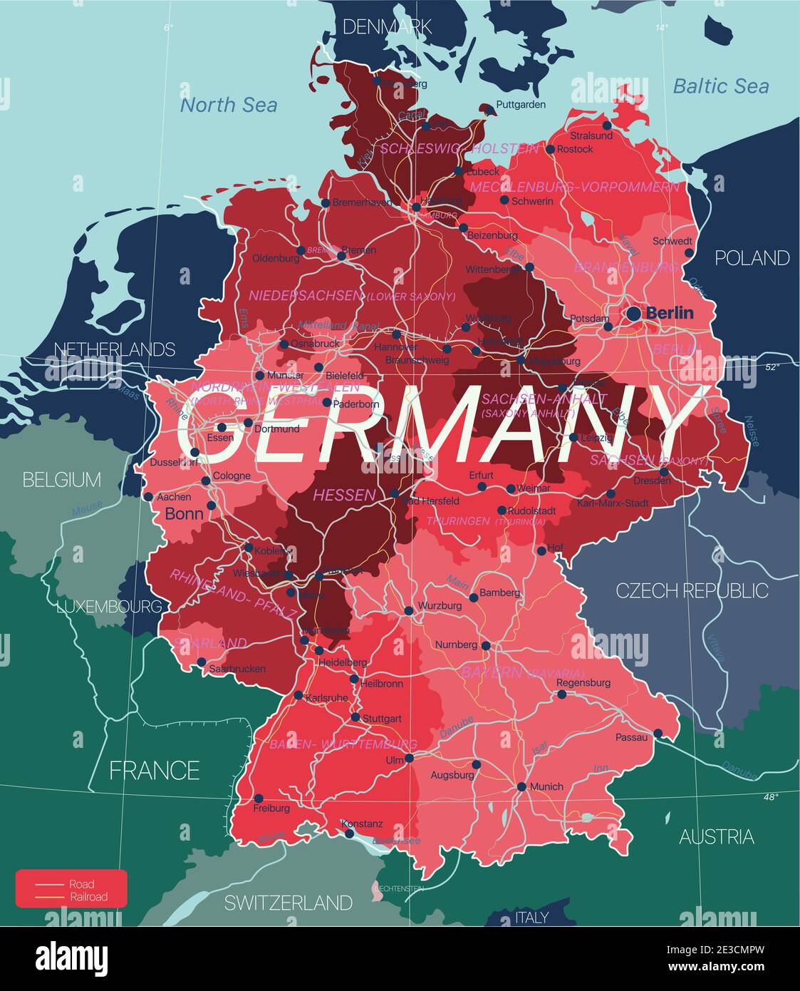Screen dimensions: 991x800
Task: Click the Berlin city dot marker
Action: (633, 313)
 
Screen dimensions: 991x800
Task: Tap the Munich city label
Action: (546, 786)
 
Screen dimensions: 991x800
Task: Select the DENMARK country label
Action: (387, 27)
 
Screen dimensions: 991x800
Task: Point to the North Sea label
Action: (228, 105)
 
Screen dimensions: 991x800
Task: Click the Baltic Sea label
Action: (720, 86)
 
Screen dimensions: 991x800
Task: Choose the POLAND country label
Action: (752, 257)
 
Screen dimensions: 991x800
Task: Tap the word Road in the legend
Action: (81, 884)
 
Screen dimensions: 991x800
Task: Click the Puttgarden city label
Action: (521, 105)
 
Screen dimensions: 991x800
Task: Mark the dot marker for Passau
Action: (658, 733)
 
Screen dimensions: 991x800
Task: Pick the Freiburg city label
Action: (271, 808)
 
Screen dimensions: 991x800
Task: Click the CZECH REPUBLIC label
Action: (692, 590)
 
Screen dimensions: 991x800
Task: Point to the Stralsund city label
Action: (591, 135)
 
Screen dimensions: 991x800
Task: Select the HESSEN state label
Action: (344, 494)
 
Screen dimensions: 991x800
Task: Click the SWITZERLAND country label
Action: (288, 903)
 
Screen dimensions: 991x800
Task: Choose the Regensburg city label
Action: (583, 682)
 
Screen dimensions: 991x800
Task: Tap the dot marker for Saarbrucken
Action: (202, 662)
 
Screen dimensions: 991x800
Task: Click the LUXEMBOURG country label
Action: (109, 607)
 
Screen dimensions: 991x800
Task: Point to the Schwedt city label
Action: (672, 241)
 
